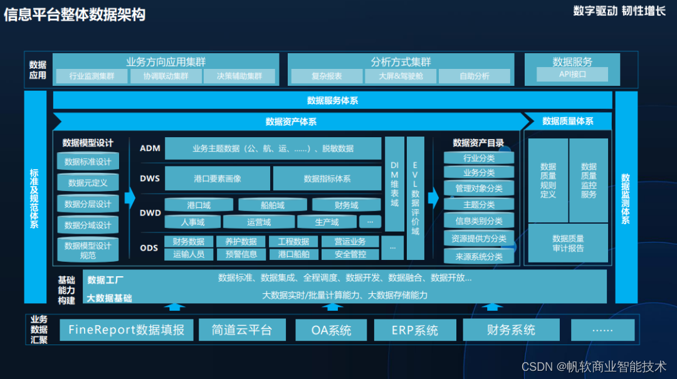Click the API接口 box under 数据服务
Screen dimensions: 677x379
(572, 75)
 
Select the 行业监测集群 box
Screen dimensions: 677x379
(92, 76)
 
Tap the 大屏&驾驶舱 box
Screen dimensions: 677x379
(401, 76)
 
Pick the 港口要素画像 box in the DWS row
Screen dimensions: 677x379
(218, 179)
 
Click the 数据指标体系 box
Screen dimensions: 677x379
(327, 179)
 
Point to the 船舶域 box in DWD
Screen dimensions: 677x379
(273, 205)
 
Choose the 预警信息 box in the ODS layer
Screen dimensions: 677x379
(241, 254)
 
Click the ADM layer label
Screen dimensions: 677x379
(150, 148)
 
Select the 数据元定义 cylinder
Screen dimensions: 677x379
(88, 183)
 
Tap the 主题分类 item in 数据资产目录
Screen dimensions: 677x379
(479, 205)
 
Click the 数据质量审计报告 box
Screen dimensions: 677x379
(568, 243)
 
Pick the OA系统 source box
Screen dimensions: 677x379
(331, 330)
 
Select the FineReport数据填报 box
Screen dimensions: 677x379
(126, 330)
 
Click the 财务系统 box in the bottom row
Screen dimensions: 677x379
(511, 330)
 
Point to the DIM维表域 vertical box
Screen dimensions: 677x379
(394, 184)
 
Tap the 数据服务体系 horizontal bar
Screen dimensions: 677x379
(332, 100)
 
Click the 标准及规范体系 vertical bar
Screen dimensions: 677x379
(35, 198)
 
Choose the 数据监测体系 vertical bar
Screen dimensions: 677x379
(626, 198)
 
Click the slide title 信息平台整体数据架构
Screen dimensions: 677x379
(75, 14)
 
